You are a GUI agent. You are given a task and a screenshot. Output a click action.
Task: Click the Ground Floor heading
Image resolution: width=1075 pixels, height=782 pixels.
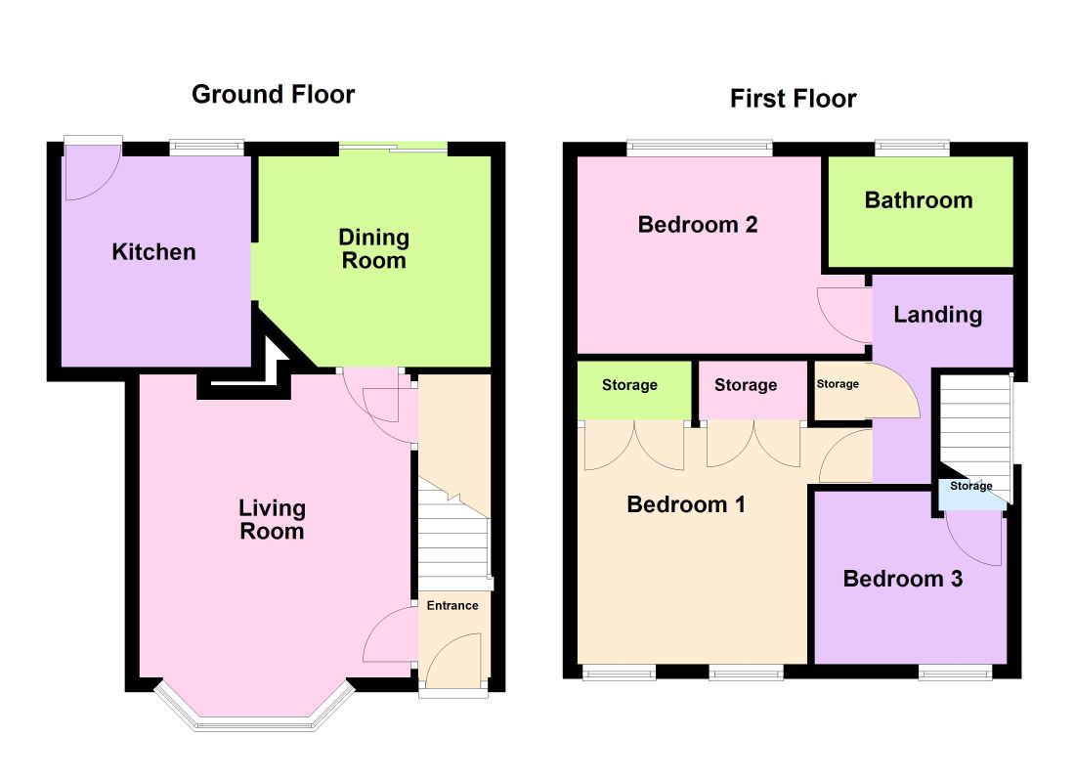(273, 94)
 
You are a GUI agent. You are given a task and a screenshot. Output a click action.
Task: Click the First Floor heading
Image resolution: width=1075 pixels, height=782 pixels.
(794, 99)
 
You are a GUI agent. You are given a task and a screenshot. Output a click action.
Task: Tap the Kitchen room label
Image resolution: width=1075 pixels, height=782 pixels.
(153, 252)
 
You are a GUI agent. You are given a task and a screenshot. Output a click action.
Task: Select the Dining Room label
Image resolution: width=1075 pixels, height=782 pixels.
(373, 248)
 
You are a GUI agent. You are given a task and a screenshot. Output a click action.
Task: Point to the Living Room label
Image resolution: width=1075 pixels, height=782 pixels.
(273, 519)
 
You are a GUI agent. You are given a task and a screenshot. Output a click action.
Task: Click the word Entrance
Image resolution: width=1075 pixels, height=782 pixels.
(452, 605)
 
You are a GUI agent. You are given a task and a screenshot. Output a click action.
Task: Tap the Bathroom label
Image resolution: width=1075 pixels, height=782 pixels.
(919, 199)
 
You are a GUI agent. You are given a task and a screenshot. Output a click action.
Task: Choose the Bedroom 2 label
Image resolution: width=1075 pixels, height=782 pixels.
(698, 224)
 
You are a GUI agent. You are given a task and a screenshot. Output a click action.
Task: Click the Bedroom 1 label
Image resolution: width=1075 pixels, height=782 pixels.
(686, 504)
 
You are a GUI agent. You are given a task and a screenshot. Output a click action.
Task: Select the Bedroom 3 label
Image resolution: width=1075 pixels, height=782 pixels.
(903, 579)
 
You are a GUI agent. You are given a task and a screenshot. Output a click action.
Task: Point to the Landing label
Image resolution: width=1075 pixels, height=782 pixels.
(938, 315)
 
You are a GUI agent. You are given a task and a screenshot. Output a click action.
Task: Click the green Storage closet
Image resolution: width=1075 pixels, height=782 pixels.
(634, 390)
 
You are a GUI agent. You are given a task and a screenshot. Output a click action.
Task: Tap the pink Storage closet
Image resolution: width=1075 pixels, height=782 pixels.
(752, 390)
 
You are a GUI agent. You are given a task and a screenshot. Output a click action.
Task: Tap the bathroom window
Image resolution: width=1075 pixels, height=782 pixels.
(912, 148)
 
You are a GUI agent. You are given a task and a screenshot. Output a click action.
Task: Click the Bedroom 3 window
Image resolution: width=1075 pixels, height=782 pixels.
(955, 673)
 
